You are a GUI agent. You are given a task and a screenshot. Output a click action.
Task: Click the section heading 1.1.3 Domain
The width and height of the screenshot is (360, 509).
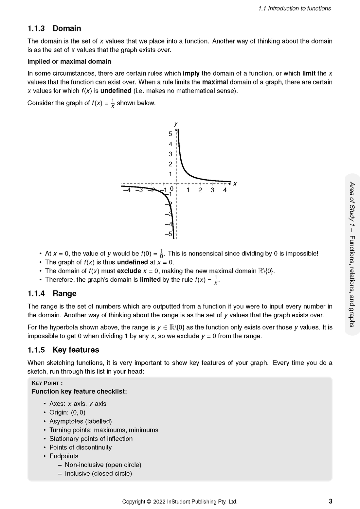pos(54,28)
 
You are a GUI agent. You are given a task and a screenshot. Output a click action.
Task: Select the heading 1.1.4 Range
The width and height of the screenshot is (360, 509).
pos(52,293)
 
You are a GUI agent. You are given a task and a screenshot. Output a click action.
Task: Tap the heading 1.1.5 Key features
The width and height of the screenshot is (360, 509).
pos(63,350)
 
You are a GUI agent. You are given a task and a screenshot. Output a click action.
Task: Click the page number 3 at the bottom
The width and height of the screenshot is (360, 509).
pos(330,501)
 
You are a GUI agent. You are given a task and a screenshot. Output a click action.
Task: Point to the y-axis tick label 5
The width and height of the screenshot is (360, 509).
pos(170,134)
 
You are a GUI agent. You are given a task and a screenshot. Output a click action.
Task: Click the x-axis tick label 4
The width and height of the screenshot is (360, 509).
pos(225,190)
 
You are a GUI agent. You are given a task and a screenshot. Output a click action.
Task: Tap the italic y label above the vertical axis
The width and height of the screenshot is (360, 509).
pos(176,123)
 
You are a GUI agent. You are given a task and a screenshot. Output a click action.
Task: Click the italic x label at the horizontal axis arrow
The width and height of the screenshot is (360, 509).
pos(235,184)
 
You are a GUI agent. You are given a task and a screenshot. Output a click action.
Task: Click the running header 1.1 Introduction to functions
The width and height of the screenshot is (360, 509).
pos(295,9)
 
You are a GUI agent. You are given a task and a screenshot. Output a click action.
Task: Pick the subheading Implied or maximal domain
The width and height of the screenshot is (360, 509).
pos(69,61)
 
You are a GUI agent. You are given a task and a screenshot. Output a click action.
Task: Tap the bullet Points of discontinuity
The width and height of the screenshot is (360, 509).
pos(81,447)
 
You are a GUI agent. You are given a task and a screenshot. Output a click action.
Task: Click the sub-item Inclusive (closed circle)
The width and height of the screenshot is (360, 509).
pos(98,473)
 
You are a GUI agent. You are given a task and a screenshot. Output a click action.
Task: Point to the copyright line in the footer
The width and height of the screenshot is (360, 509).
pos(180,501)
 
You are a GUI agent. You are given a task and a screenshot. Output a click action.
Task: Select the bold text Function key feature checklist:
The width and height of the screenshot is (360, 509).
pos(79,392)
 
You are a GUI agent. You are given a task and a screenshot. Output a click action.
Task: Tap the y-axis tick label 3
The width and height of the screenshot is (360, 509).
pos(170,154)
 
